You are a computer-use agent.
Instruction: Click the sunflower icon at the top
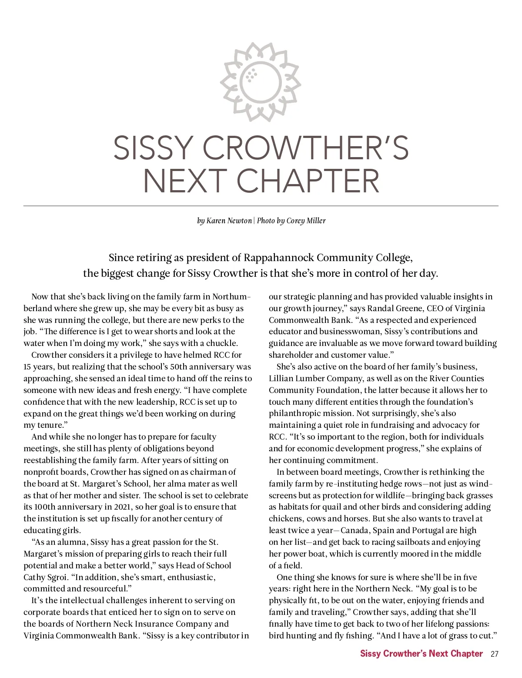click(x=261, y=82)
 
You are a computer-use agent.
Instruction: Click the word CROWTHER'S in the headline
click(x=305, y=148)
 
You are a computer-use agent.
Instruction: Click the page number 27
click(x=494, y=654)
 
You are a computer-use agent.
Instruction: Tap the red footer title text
click(x=421, y=654)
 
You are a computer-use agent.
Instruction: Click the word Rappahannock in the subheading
click(x=278, y=258)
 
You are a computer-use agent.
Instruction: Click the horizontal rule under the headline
click(x=261, y=205)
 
